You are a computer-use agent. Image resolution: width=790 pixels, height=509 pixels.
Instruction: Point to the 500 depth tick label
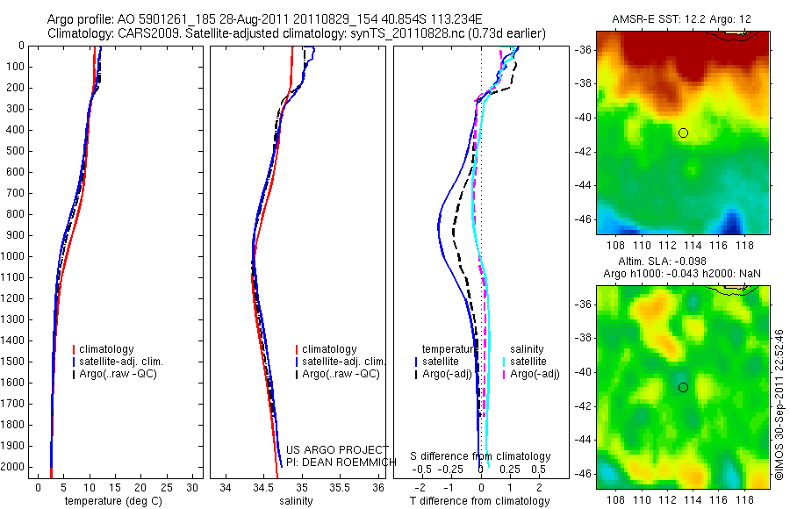click(x=14, y=151)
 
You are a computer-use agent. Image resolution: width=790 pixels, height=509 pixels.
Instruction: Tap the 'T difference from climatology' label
click(x=480, y=502)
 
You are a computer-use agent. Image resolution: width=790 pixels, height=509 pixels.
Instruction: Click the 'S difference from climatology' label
click(x=481, y=456)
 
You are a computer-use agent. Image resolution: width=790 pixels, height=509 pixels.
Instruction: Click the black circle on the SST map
click(x=683, y=133)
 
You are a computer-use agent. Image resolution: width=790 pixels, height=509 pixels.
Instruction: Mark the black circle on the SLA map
click(x=683, y=387)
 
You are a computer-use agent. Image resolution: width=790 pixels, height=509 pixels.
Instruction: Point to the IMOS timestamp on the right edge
click(x=781, y=405)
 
